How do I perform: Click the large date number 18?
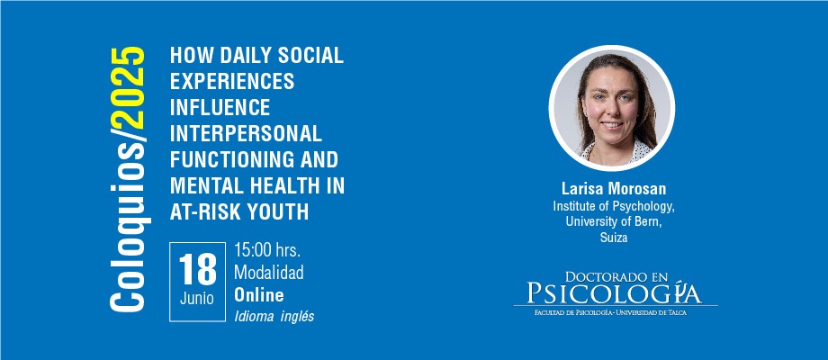197,269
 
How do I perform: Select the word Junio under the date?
197,299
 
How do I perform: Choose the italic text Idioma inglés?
274,316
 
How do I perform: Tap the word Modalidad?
269,273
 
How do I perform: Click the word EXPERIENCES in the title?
232,81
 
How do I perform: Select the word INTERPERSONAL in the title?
246,133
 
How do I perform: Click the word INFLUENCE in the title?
220,107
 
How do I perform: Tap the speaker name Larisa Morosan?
614,189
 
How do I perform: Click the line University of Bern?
614,221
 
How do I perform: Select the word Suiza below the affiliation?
614,238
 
